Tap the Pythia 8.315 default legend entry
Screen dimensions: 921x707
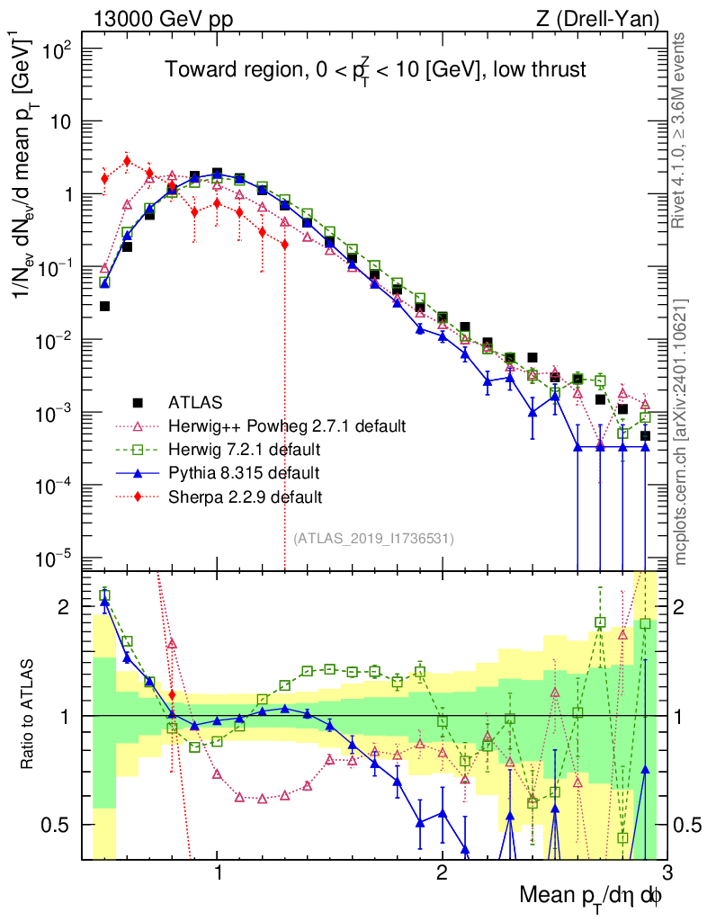[256, 472]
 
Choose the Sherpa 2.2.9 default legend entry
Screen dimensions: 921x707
[256, 496]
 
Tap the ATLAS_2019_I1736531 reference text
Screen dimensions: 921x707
[373, 539]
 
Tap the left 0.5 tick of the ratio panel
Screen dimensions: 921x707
[64, 825]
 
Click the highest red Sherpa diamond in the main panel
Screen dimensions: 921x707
[127, 161]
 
